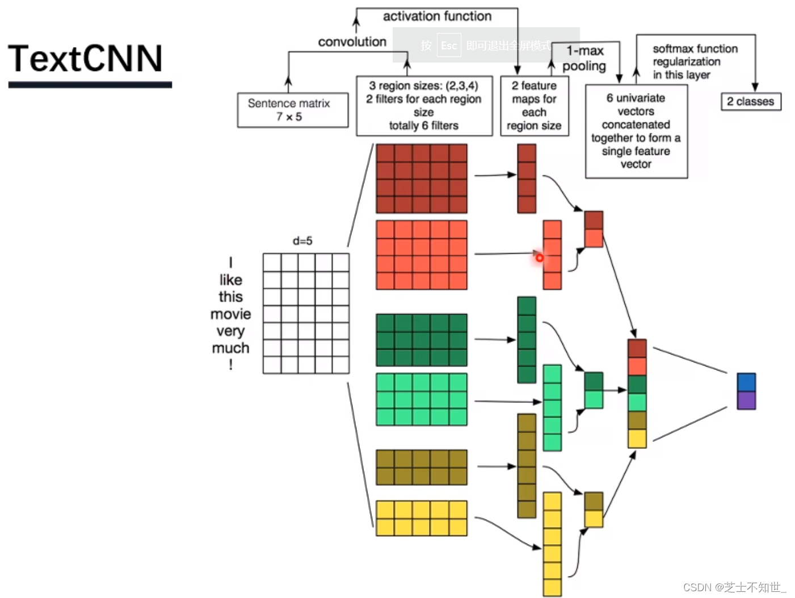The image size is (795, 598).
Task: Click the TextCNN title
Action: [86, 59]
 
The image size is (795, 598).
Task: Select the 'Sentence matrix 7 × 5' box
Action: [292, 110]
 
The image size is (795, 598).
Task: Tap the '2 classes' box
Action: [751, 102]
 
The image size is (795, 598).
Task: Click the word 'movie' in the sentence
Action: [230, 314]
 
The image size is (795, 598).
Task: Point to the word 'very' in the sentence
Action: [230, 331]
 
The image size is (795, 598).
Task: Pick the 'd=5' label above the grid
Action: [302, 241]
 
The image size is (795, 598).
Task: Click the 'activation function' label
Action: [437, 16]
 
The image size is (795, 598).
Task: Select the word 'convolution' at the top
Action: [352, 42]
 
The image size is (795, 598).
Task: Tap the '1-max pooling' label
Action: [584, 58]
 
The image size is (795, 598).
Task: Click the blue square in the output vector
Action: [746, 382]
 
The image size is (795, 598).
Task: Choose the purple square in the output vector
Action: [746, 401]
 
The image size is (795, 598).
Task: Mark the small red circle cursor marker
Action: [539, 258]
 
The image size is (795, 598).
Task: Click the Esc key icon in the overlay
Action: [449, 46]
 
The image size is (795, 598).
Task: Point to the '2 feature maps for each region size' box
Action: [534, 106]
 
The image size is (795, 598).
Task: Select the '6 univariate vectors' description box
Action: [636, 131]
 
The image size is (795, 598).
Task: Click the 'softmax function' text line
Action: [695, 49]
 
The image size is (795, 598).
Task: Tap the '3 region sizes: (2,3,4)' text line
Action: [423, 86]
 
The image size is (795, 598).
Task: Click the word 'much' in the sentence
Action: [230, 348]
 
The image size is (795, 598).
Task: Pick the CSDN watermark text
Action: [734, 587]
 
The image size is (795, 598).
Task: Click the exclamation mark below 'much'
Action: [231, 364]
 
